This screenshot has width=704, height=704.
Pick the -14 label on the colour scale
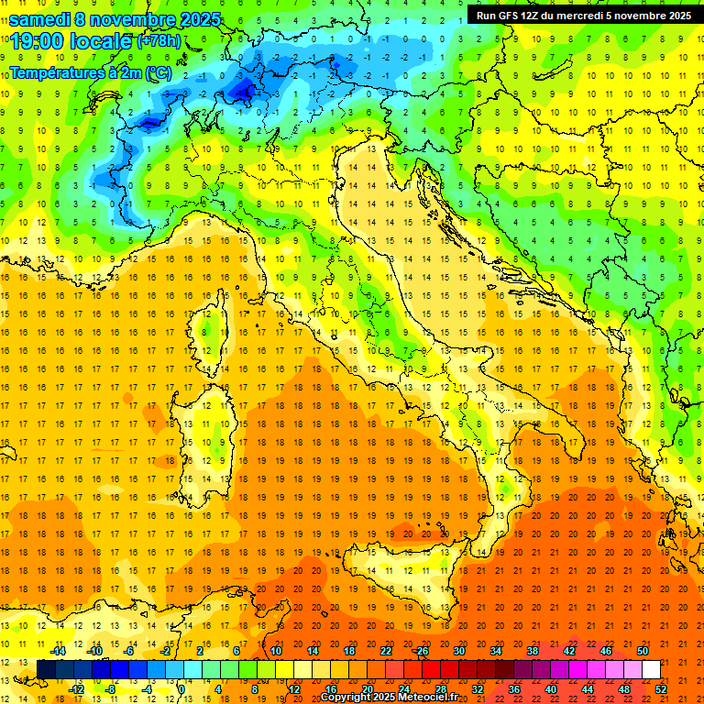point(58,651)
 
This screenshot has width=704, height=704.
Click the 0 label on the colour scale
point(181,689)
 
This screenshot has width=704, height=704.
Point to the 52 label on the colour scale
point(661,689)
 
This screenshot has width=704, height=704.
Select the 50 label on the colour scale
point(643,651)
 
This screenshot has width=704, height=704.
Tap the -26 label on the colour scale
point(421,651)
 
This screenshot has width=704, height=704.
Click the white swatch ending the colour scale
point(651,669)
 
